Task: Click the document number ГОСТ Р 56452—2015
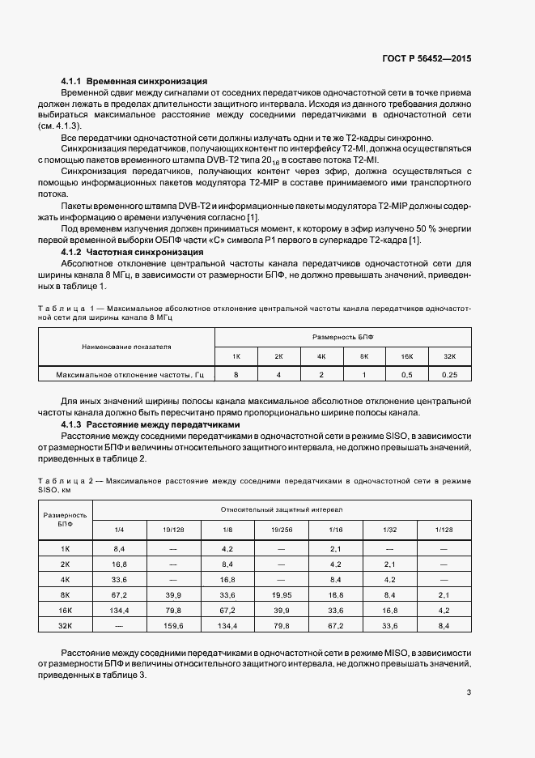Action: [x=427, y=59]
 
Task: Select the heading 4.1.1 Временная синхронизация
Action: [x=134, y=82]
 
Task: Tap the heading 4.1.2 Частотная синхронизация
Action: [x=133, y=253]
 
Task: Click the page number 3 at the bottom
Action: [x=469, y=692]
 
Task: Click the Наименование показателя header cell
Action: [x=127, y=347]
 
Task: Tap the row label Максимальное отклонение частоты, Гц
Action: [x=128, y=375]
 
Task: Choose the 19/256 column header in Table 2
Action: [x=282, y=530]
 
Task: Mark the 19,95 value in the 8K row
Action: [x=282, y=594]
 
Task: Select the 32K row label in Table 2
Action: [x=66, y=625]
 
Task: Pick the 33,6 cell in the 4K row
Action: [x=119, y=579]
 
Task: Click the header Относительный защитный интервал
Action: [x=282, y=510]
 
